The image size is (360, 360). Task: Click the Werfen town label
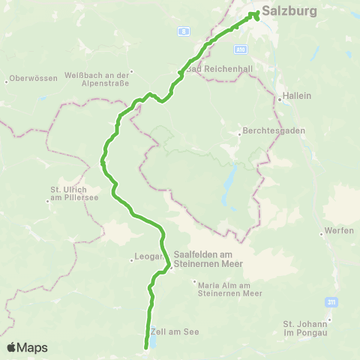tap(339, 230)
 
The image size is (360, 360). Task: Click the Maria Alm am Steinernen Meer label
tap(229, 288)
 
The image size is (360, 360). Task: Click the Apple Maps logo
tap(27, 348)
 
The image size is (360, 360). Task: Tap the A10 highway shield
tap(239, 48)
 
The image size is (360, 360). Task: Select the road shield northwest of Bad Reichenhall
tap(182, 31)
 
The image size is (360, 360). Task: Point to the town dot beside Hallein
tap(277, 97)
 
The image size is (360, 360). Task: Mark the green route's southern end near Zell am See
tap(145, 346)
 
